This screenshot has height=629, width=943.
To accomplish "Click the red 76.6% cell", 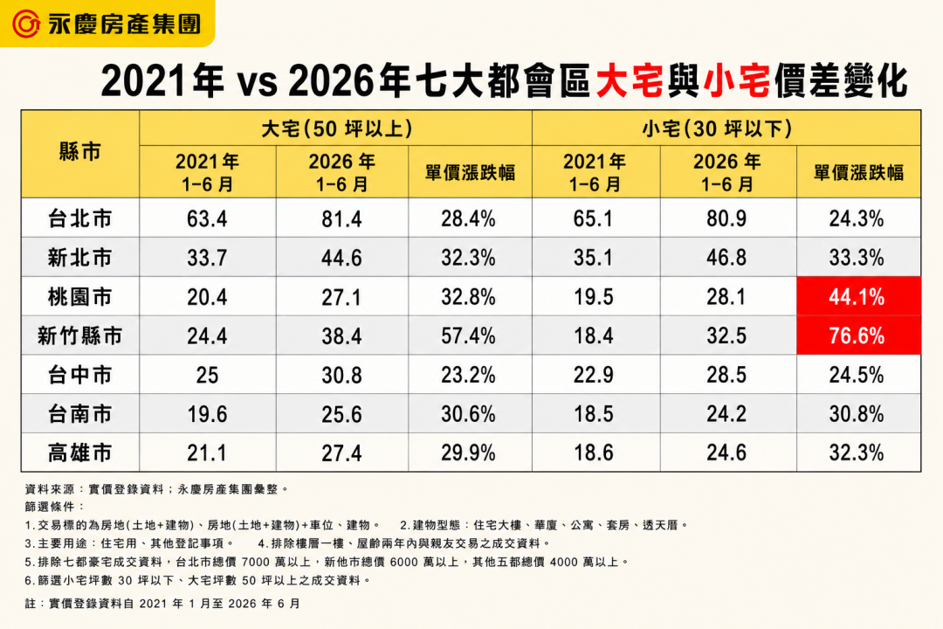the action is pos(858,335).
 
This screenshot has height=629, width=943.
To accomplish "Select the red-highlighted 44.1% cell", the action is pos(858,296).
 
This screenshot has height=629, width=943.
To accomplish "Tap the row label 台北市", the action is pos(80,218).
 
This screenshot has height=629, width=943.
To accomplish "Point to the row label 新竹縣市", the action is pos(80,335).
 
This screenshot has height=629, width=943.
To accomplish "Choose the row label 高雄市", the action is pos(80,453).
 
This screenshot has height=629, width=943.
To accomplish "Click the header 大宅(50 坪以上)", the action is pos(336,128).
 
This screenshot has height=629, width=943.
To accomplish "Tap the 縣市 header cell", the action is pos(80,152).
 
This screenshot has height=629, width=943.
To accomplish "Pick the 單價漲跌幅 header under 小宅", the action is pos(858,173).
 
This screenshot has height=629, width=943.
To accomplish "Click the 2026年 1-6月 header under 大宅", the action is pos(341,172).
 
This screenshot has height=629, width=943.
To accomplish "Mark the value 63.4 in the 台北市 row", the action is pos(207,218).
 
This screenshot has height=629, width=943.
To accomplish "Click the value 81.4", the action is pos(341,218).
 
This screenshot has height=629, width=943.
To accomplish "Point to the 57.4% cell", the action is pos(469,335).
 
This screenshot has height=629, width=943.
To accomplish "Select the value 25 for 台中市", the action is pos(207,375).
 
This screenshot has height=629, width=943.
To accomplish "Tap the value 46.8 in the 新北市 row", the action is pos(726,258).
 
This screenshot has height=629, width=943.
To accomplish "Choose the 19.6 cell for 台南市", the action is pos(207,414).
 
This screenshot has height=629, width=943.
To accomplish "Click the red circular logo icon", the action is pos(26,24).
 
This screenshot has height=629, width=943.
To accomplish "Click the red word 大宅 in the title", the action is pos(630,80).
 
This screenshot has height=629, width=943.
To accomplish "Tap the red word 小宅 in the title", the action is pos(736,80).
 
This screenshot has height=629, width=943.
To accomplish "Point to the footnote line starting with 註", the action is pos(162,603).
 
